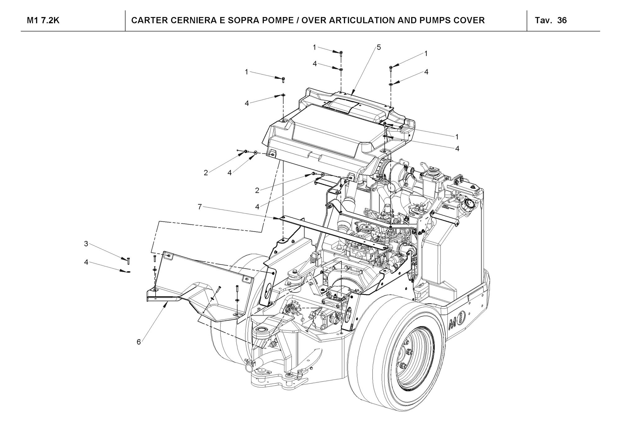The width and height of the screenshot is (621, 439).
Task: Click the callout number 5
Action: coord(378,47)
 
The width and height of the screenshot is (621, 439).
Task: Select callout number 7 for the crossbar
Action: coord(200,206)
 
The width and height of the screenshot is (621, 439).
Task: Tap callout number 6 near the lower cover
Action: coord(138,342)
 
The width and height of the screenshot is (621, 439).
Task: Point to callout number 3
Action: coord(86,244)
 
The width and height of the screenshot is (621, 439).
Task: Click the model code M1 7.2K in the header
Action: coord(43,20)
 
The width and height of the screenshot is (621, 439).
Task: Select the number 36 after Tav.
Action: coord(562,20)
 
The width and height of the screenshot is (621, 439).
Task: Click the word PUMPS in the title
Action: coord(436,20)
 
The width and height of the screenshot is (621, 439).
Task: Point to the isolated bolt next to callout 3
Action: coord(128,261)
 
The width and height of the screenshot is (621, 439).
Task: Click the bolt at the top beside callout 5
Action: coord(341,54)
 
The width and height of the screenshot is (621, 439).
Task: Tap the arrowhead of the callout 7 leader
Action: coord(279,219)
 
